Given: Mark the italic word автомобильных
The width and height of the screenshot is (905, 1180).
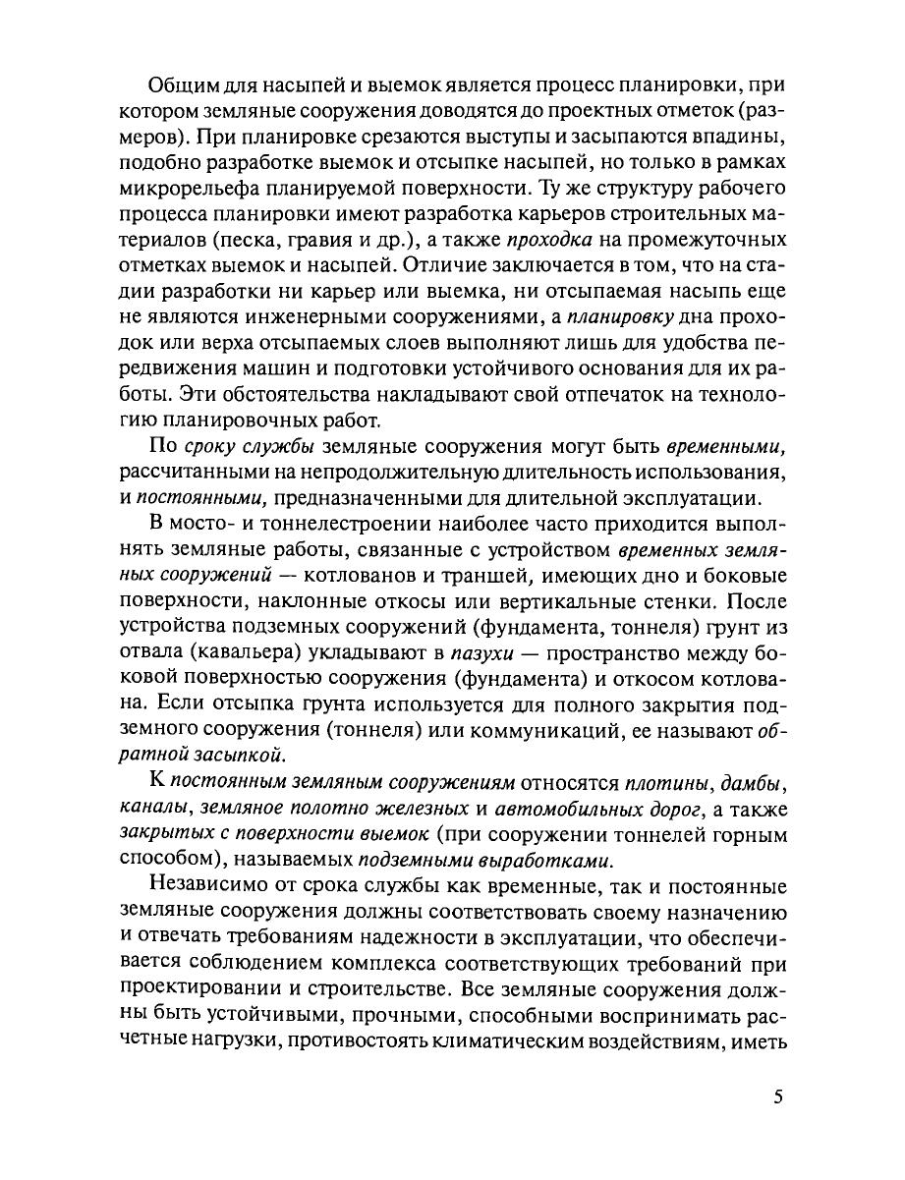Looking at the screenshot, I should click(x=554, y=808).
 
